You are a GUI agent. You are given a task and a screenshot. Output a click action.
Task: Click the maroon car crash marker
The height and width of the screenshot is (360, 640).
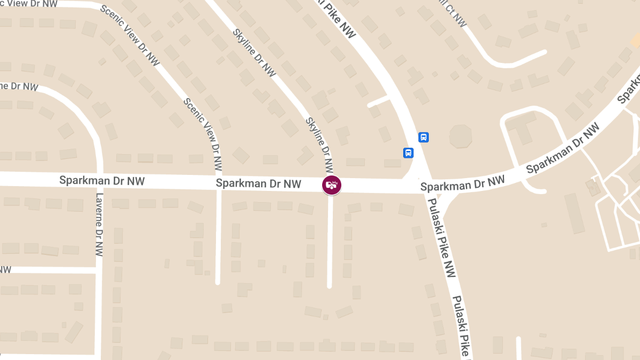click(x=332, y=185)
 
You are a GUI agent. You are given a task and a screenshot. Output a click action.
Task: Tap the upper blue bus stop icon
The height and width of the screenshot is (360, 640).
click(x=423, y=137)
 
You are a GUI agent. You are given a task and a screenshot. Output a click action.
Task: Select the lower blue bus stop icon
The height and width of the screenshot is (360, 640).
click(x=408, y=153)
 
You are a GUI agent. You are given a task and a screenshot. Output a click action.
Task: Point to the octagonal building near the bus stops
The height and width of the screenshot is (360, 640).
click(x=460, y=137)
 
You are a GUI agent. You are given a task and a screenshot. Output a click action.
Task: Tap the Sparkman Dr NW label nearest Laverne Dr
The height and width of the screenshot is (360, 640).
click(x=102, y=180)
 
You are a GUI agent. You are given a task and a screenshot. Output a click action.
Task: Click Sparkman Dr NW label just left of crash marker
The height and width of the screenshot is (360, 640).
click(x=258, y=184)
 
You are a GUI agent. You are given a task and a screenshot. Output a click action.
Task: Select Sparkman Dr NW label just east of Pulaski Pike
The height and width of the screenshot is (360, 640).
click(x=462, y=184)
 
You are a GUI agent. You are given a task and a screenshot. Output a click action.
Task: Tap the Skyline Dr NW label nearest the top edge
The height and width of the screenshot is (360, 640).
click(x=254, y=52)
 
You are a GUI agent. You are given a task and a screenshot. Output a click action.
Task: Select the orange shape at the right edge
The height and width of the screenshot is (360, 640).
click(x=636, y=40)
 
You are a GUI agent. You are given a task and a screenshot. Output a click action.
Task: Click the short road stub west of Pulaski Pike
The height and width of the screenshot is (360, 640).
click(x=379, y=101)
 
